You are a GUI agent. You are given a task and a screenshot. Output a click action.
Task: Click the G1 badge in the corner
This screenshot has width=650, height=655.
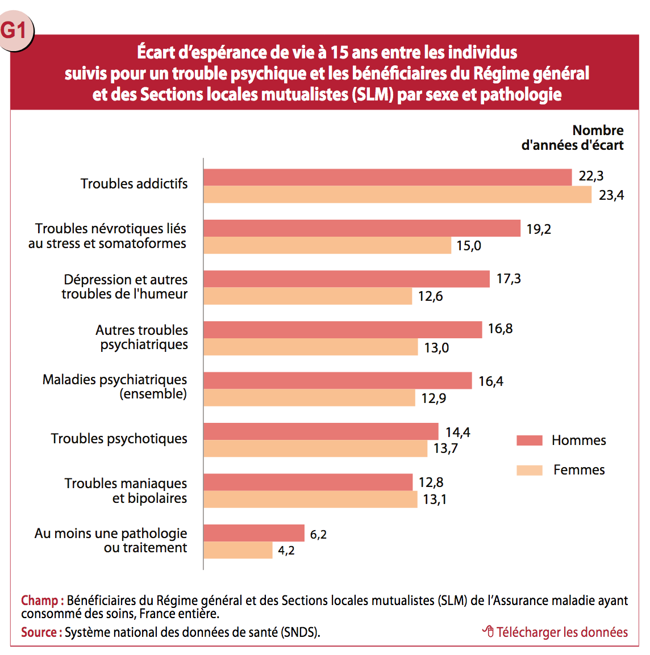click(x=15, y=30)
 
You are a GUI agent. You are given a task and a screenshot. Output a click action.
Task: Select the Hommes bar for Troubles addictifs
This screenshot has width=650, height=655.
click(x=388, y=177)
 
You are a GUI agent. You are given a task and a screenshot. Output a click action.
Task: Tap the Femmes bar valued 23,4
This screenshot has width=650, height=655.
click(x=397, y=195)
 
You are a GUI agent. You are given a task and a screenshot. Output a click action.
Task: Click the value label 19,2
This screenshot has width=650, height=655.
click(x=539, y=229)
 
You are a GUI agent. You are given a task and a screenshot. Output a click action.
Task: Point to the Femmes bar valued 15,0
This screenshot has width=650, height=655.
click(x=327, y=245)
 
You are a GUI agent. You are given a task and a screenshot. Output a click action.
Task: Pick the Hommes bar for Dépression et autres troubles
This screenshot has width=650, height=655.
click(x=347, y=279)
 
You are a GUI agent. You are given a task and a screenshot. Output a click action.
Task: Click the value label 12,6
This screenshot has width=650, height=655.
click(x=430, y=296)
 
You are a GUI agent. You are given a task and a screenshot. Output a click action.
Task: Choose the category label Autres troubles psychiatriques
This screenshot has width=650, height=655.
click(x=141, y=337)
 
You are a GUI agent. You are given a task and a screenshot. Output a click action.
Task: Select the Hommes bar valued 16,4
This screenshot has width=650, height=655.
click(x=338, y=380)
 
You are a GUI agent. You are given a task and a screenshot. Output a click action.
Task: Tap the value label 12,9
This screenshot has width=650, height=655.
click(x=434, y=398)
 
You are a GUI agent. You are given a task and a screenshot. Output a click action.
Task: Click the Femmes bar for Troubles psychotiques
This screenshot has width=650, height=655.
click(x=315, y=448)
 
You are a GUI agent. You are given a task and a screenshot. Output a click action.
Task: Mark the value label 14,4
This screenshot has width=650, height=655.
click(x=457, y=433)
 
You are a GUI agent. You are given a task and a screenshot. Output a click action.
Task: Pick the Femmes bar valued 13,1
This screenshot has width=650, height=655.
click(x=310, y=499)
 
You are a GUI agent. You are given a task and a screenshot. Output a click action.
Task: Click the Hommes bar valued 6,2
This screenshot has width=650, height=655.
click(x=254, y=533)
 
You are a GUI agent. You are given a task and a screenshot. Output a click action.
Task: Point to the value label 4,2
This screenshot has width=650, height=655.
click(x=286, y=551)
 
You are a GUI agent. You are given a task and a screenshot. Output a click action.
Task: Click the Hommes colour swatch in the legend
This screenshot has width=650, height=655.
click(x=530, y=440)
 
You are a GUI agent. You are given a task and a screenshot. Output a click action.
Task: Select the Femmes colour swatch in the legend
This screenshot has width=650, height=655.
click(x=530, y=470)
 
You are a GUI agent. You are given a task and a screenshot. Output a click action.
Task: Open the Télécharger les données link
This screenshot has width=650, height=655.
click(x=556, y=632)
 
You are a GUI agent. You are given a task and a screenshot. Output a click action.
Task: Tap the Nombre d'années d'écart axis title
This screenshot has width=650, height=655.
click(x=573, y=138)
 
